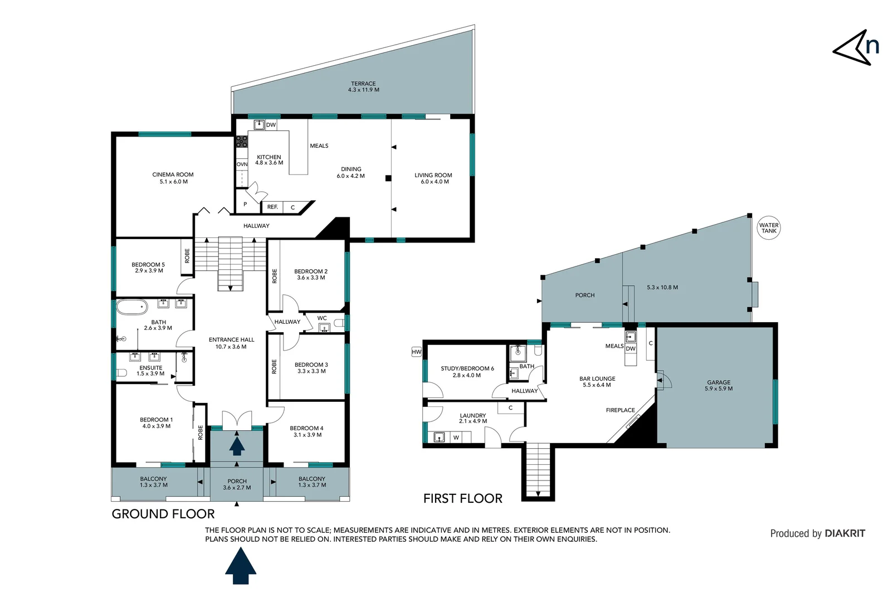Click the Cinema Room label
click(173, 174)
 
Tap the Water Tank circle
click(769, 228)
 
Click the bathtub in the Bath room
click(132, 307)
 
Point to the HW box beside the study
click(416, 352)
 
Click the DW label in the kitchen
click(271, 125)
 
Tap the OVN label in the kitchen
click(242, 164)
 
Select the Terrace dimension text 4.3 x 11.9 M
click(363, 90)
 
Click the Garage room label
click(718, 382)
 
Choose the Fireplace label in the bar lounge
click(620, 410)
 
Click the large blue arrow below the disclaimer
click(241, 566)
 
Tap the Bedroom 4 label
click(306, 428)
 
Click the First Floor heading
click(462, 498)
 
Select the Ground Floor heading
click(163, 514)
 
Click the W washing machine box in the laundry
click(456, 438)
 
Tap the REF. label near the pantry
click(272, 207)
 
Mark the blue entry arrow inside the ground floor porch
click(237, 446)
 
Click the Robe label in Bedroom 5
click(187, 256)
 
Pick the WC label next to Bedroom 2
click(322, 318)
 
